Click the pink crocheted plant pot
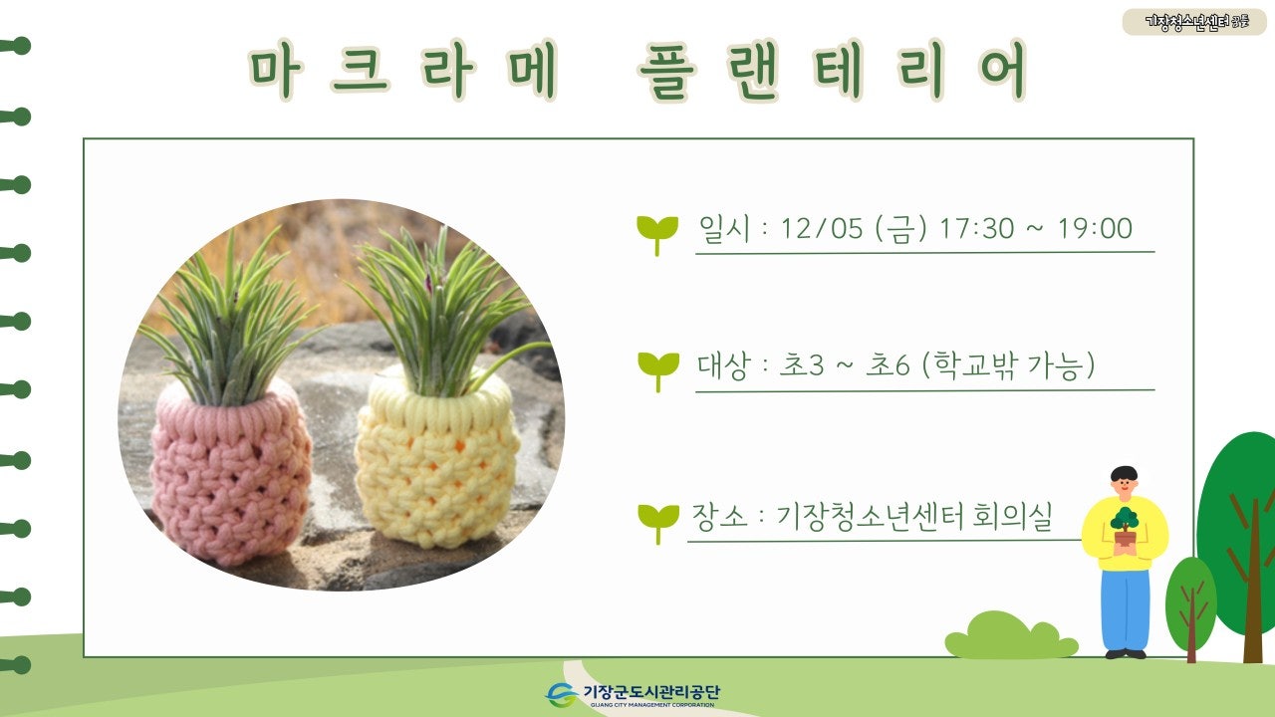(x=230, y=473)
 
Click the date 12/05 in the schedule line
(x=822, y=229)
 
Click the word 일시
(x=724, y=229)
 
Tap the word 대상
(x=724, y=365)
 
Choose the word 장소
(x=717, y=518)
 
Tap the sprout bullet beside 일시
(x=657, y=233)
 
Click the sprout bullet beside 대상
(x=657, y=369)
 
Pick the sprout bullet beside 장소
(x=657, y=521)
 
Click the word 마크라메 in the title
(x=402, y=72)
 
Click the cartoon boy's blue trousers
(x=1125, y=607)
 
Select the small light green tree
(x=1190, y=602)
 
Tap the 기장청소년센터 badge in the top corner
(x=1196, y=21)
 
